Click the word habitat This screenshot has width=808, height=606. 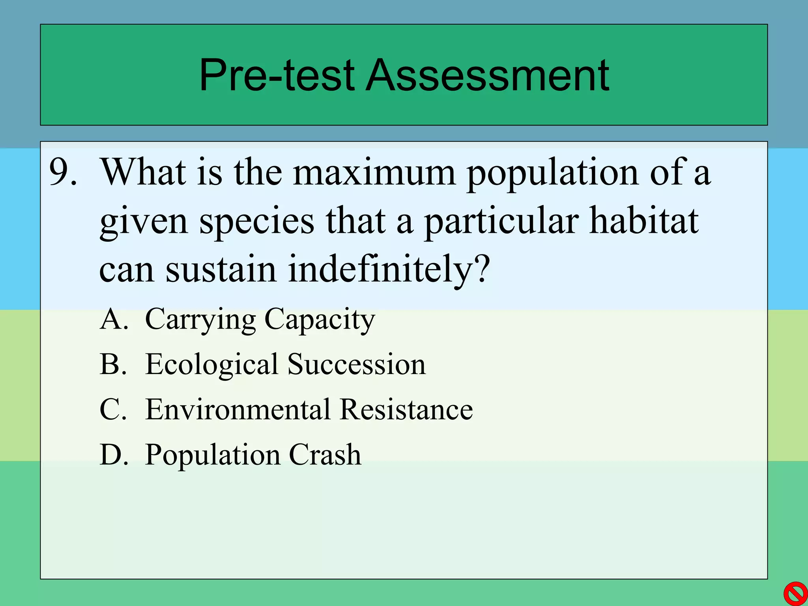pyautogui.click(x=644, y=221)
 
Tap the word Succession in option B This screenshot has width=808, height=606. pyautogui.click(x=357, y=364)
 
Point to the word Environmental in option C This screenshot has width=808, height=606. pyautogui.click(x=238, y=409)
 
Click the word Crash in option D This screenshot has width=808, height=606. pyautogui.click(x=325, y=454)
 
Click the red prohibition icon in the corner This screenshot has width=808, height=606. pyautogui.click(x=795, y=593)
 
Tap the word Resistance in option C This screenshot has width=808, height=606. pyautogui.click(x=406, y=409)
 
